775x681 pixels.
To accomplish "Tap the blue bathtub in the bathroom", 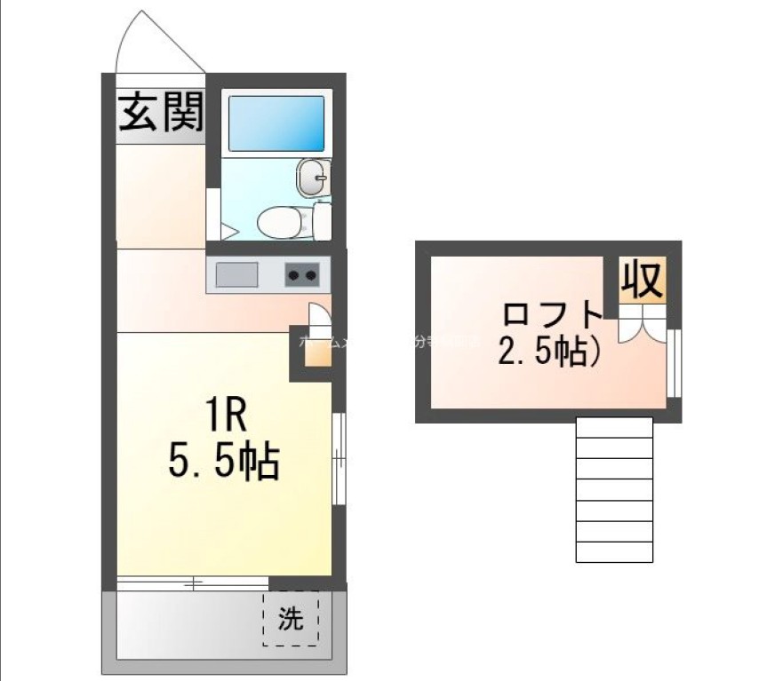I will click(x=276, y=123).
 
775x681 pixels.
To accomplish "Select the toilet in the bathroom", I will click(x=283, y=221).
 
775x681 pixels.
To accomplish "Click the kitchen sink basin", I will click(x=236, y=275).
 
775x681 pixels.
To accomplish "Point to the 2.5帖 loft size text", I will click(x=547, y=352).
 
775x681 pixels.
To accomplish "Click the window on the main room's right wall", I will click(x=338, y=458).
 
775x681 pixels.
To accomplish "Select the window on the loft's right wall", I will click(x=673, y=361).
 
